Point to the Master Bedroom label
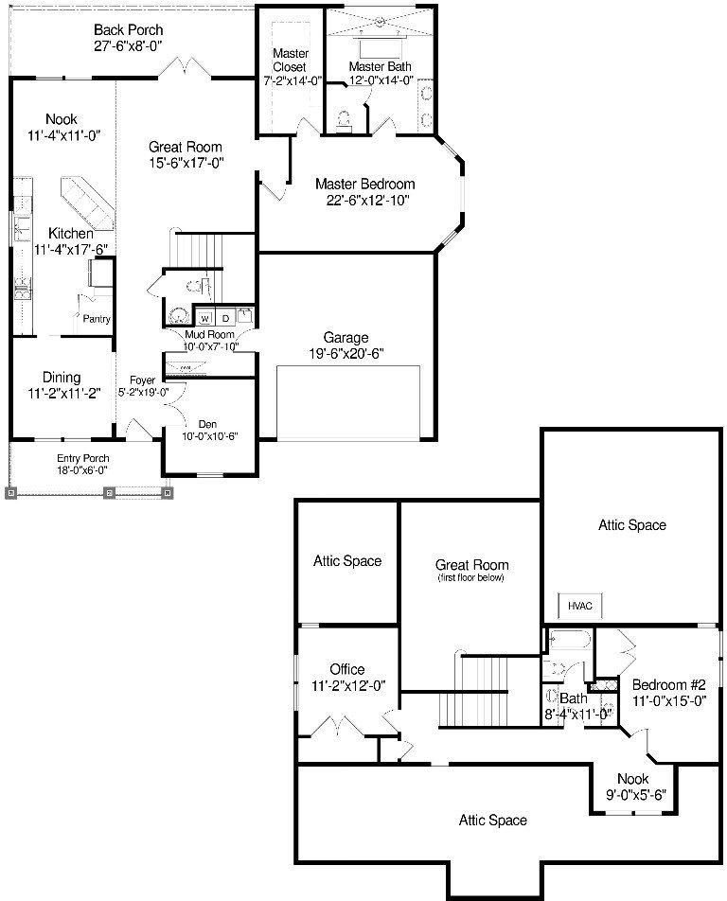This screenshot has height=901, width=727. pyautogui.click(x=364, y=185)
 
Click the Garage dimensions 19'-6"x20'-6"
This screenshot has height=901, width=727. pyautogui.click(x=345, y=353)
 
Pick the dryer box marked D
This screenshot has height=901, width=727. pyautogui.click(x=226, y=319)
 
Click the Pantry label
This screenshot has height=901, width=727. pyautogui.click(x=97, y=319)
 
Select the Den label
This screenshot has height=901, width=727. pyautogui.click(x=207, y=424)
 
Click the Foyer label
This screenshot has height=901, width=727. pyautogui.click(x=142, y=380)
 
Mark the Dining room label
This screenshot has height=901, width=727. pyautogui.click(x=62, y=378)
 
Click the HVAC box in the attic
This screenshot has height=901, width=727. pyautogui.click(x=580, y=606)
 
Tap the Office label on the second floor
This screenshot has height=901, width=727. pyautogui.click(x=346, y=669)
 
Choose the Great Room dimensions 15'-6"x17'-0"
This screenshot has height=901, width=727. pyautogui.click(x=186, y=162)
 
